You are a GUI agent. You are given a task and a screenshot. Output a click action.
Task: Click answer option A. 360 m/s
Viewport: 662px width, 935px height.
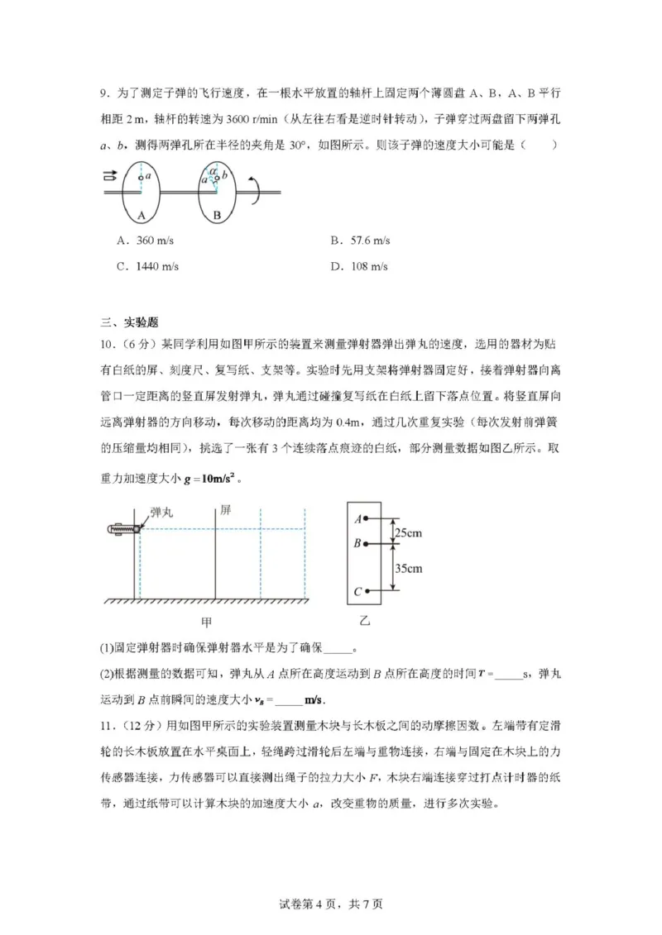point(146,241)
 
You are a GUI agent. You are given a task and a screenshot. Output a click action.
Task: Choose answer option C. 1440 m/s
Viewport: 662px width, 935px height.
point(149,266)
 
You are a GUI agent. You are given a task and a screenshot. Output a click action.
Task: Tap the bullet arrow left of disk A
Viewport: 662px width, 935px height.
point(108,175)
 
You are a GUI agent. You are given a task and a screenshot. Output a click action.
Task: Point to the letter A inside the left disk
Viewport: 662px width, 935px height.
point(142,216)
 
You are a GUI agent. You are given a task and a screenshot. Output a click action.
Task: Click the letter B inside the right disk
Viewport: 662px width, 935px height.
point(217,216)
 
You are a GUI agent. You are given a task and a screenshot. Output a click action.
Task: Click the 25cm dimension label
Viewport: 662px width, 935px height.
point(408,532)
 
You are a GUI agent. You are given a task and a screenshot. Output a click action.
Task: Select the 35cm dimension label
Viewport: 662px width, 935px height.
point(408,568)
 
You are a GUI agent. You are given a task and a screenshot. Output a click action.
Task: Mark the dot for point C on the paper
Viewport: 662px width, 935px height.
point(366,591)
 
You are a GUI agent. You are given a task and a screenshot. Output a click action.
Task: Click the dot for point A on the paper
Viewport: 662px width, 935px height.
point(366,519)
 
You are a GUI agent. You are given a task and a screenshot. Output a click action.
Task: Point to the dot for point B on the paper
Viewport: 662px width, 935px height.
point(366,544)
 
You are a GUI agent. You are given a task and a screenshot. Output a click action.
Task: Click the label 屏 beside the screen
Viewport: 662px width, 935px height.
point(224,511)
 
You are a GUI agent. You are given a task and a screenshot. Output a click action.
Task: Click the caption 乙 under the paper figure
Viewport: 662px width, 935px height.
point(364,621)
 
